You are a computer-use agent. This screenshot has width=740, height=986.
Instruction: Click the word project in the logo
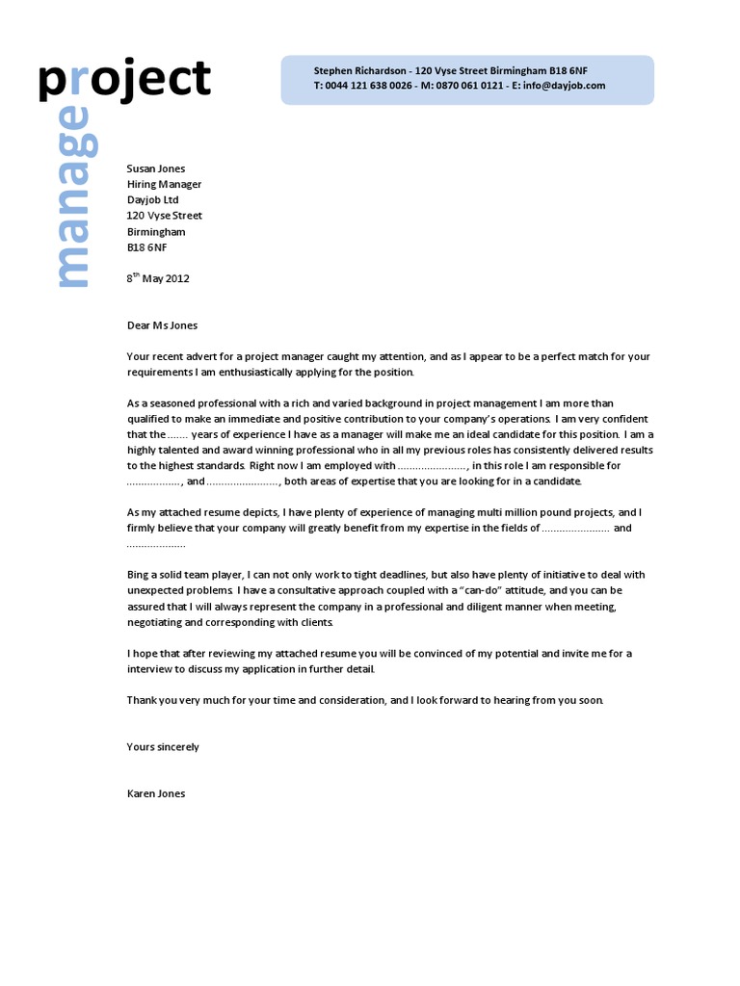pos(123,80)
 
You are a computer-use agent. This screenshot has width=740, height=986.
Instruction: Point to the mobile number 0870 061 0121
pos(469,86)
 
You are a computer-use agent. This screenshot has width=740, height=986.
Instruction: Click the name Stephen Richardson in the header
pos(358,71)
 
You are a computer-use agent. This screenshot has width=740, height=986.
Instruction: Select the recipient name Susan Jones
pos(156,169)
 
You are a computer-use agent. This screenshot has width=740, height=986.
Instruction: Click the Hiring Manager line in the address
pos(164,184)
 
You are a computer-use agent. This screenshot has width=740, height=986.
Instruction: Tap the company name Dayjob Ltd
pos(153,200)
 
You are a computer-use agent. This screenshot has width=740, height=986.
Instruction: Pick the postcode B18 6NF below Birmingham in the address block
pos(147,247)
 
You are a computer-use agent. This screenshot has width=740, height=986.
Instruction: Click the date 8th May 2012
pos(158,279)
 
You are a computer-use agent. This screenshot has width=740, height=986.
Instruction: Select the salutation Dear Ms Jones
pos(162,325)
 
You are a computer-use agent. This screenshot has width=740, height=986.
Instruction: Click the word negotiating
pos(160,622)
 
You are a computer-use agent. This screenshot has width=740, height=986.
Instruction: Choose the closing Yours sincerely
pos(163,747)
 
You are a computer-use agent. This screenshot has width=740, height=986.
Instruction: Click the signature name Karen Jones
pos(156,794)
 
